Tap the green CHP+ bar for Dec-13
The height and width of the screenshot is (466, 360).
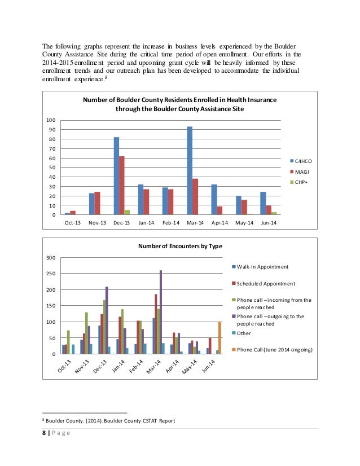[128, 212]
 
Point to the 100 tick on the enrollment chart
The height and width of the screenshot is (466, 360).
[51, 120]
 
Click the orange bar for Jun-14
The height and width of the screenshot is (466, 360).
[219, 338]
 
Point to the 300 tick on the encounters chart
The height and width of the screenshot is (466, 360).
[50, 258]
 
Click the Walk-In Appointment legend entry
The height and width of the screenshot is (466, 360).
[263, 267]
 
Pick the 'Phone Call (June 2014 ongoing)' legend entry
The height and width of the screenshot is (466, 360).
[273, 350]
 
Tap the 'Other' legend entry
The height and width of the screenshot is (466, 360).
[244, 333]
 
